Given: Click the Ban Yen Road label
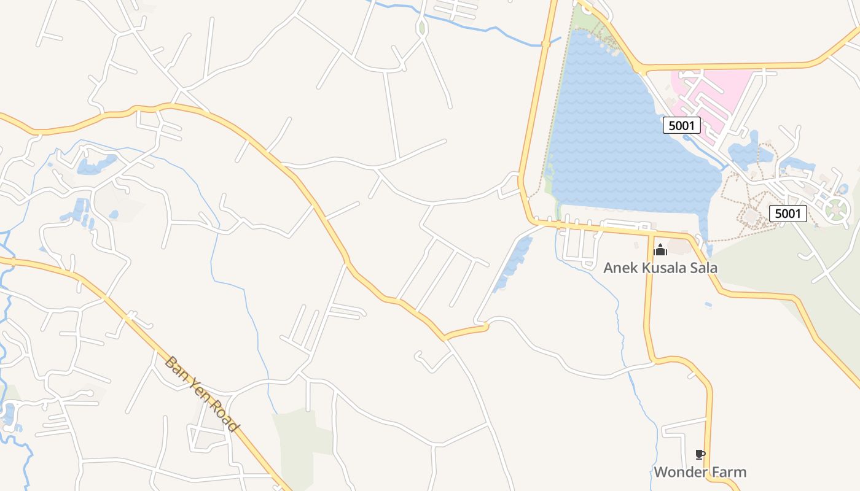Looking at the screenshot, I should [201, 394].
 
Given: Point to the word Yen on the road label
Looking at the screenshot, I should [198, 391].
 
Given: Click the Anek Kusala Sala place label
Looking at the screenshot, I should [660, 268].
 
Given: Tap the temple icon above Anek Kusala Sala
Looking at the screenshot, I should [660, 250].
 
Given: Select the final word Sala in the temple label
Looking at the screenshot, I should [703, 268].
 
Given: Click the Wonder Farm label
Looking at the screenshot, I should [700, 472].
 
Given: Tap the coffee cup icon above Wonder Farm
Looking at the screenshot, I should [700, 455].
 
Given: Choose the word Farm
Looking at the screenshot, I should [728, 472].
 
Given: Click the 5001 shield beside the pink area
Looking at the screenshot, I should [682, 126].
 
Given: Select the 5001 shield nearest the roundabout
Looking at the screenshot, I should [788, 213].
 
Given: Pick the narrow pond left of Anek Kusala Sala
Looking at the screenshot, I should [512, 264].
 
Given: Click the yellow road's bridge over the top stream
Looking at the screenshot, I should [545, 44].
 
